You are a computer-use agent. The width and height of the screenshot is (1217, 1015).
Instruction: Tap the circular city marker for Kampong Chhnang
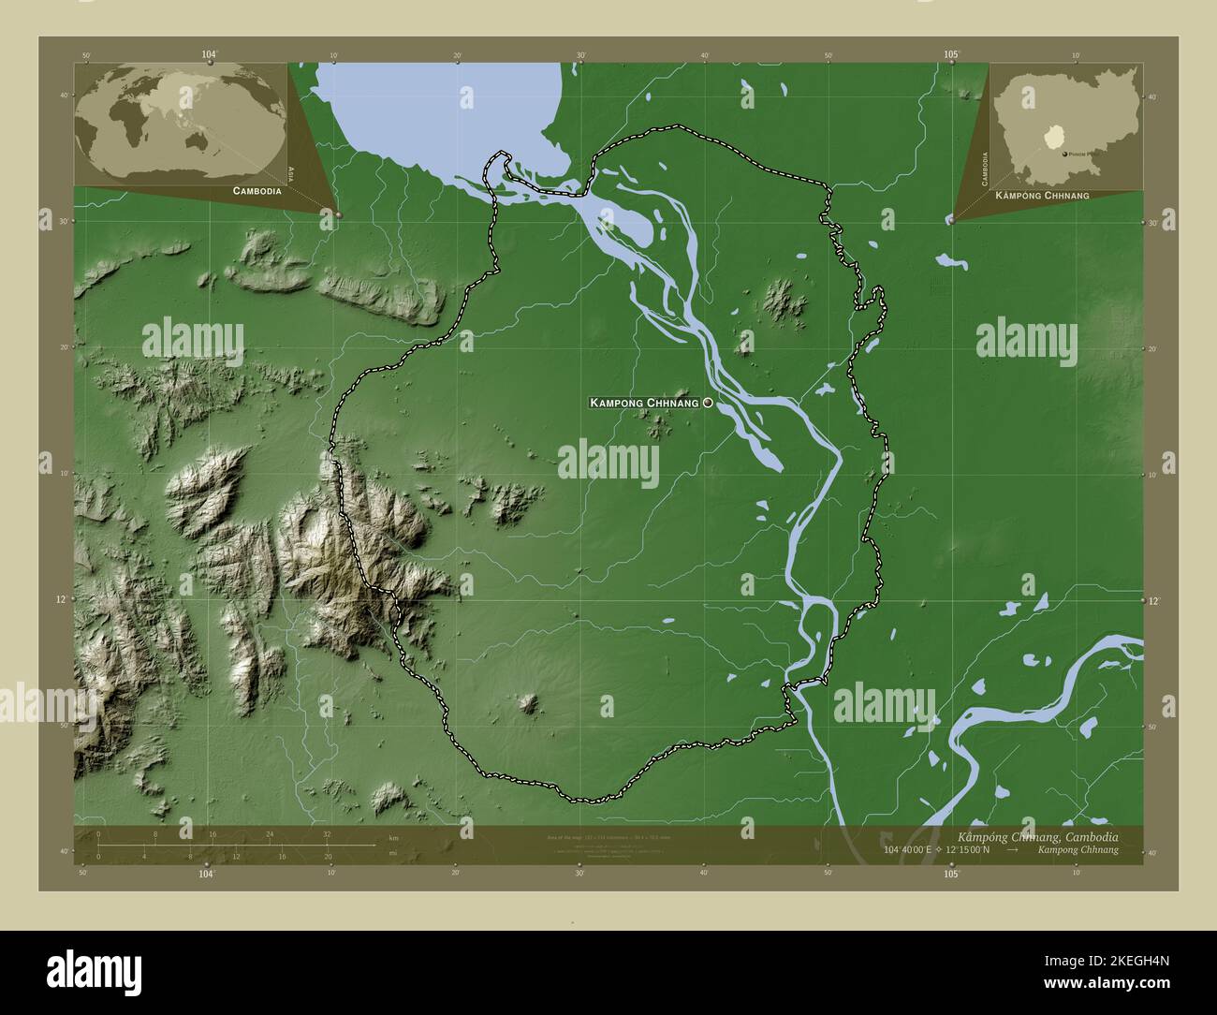[x=708, y=402]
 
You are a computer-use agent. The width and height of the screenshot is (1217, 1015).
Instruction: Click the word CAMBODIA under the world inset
[x=251, y=190]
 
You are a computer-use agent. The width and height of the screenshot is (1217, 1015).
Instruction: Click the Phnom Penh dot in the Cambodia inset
[x=1063, y=153]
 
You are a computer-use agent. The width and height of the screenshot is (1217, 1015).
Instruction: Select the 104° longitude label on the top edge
[x=208, y=55]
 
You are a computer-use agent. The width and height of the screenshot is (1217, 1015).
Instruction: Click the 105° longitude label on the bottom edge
[x=951, y=874]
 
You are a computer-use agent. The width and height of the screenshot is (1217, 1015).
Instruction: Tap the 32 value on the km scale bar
[x=327, y=833]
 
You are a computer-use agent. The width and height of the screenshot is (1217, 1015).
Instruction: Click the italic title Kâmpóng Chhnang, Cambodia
[x=1036, y=835]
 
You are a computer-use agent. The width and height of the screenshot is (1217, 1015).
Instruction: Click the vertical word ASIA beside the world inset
[x=291, y=172]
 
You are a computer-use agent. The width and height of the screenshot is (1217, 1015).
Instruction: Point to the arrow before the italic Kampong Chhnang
[x=1013, y=850]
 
